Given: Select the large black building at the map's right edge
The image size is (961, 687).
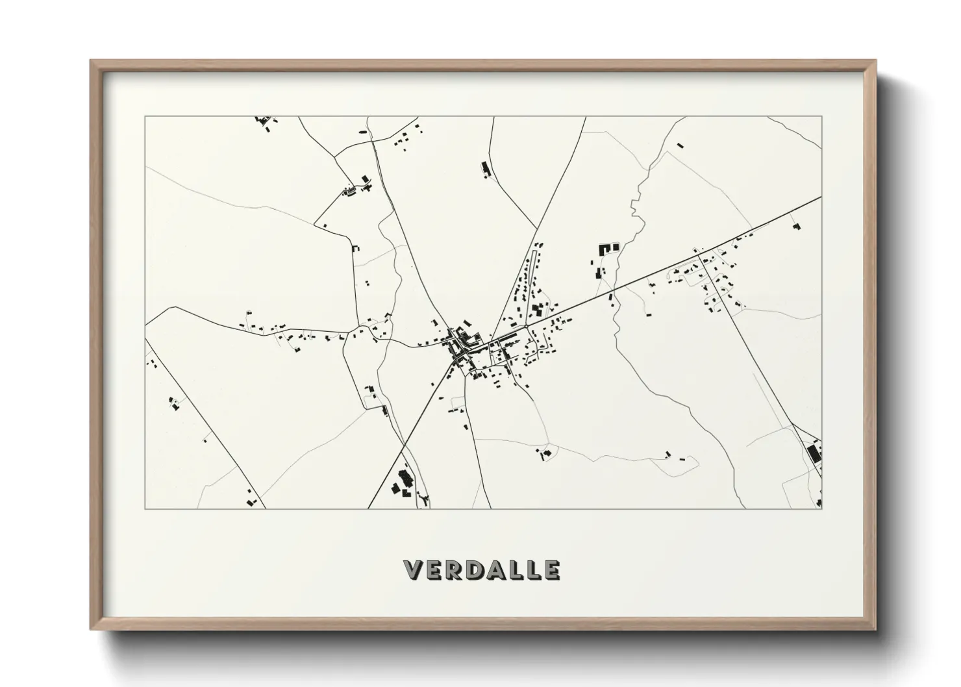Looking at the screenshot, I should click(x=813, y=452).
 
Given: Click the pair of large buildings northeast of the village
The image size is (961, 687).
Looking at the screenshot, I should click(x=608, y=247).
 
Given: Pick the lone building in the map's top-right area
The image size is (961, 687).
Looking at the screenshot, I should click(x=680, y=145).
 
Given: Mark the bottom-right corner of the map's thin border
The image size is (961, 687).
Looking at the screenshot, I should click(x=822, y=508).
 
